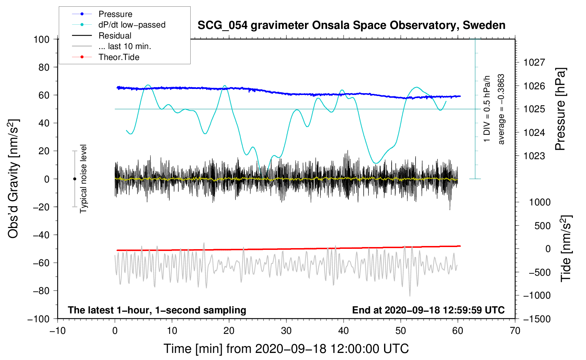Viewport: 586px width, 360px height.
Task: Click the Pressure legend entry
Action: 102,14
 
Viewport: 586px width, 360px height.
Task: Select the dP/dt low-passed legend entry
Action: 119,25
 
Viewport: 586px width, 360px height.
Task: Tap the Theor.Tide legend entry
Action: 106,57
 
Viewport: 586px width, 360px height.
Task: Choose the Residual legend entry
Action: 102,36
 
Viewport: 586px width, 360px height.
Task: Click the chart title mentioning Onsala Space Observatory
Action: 351,25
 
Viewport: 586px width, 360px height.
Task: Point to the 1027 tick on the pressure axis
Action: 534,62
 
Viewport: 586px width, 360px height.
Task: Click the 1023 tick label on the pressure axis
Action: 534,156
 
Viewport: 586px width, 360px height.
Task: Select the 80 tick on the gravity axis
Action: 44,67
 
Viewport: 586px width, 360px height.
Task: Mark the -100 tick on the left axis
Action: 38,319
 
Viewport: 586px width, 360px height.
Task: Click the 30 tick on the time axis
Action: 286,331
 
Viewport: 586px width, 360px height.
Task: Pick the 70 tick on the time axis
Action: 515,331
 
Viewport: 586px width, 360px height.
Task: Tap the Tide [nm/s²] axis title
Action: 566,248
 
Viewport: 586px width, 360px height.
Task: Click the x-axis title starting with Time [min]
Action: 286,349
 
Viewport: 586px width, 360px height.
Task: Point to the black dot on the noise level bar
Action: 74,179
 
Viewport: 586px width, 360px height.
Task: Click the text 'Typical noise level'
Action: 83,179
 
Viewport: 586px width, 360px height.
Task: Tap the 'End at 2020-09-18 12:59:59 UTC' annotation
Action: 428,310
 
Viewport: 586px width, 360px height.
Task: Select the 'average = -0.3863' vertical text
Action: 501,109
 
